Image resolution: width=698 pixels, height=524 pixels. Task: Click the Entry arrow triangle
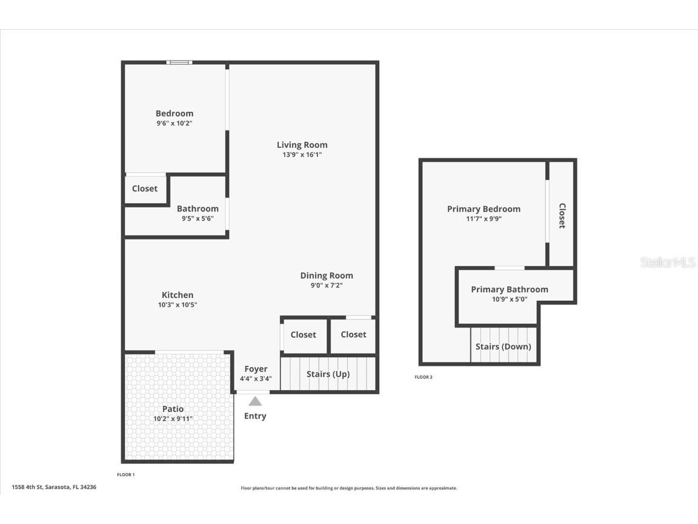(255, 401)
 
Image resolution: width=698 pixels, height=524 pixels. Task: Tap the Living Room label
(302, 145)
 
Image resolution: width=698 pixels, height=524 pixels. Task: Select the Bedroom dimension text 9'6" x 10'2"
(174, 123)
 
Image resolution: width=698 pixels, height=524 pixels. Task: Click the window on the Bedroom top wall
(179, 62)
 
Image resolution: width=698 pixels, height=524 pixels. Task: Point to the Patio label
(173, 409)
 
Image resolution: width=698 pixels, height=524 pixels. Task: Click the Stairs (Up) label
(328, 374)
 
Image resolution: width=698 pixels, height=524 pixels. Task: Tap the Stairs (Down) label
(503, 346)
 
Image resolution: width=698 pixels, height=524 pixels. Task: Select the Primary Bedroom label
(484, 209)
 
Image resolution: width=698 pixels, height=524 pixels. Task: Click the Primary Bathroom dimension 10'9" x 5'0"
(510, 299)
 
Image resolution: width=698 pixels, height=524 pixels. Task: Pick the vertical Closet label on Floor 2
(562, 215)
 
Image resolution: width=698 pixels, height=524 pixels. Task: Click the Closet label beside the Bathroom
(145, 189)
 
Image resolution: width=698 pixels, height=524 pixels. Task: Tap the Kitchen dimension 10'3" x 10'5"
(178, 305)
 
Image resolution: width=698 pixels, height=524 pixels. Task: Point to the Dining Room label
(327, 275)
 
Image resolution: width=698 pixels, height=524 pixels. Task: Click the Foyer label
(256, 369)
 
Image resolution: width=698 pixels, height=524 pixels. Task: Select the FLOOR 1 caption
(125, 474)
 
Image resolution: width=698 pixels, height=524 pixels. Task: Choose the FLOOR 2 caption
(424, 377)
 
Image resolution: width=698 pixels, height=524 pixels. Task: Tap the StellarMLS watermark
(668, 262)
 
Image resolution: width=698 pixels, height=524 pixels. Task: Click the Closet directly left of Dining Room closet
(303, 335)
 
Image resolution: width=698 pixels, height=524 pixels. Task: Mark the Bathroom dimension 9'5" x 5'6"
(198, 219)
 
